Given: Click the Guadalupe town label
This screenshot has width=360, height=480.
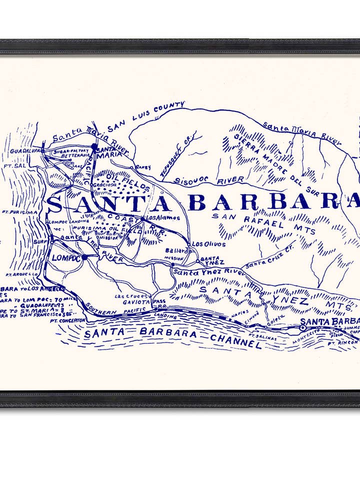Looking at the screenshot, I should click(x=25, y=150).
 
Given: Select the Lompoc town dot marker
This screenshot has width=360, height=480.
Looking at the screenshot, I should click(x=84, y=257).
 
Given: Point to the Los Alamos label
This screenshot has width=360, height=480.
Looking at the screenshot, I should click(x=163, y=218).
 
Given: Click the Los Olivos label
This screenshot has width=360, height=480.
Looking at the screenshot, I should click(x=208, y=244).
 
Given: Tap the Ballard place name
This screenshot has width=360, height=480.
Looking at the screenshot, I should click(x=177, y=250).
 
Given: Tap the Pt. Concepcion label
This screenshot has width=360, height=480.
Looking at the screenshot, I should click(x=67, y=320).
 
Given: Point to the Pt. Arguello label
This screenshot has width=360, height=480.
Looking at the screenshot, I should click(x=22, y=274).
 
